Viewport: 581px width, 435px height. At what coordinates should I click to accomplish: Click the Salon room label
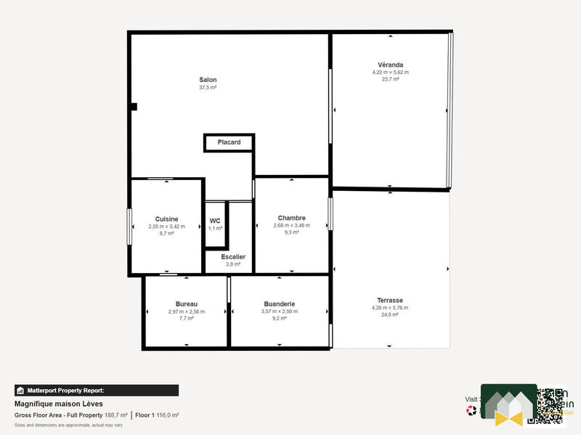[x=208, y=80]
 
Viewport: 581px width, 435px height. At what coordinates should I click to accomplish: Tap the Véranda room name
[x=390, y=65]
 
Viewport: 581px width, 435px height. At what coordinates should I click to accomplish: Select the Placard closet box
[x=229, y=142]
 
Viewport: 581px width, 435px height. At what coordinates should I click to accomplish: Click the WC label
[x=215, y=221]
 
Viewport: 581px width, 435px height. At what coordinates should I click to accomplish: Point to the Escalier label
[x=233, y=256]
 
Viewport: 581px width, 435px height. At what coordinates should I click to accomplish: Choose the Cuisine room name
[x=166, y=219]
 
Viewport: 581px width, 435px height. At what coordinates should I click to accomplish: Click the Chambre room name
[x=291, y=218]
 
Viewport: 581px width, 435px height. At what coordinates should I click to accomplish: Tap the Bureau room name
[x=187, y=304]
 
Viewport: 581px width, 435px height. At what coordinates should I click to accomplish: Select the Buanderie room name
[x=279, y=304]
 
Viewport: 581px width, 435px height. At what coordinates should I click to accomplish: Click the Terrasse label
[x=390, y=300]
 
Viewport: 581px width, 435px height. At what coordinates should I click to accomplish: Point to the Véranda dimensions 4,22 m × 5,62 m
[x=390, y=73]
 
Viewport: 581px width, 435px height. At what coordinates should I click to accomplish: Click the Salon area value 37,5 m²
[x=208, y=87]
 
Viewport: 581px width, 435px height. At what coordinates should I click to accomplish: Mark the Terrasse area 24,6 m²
[x=390, y=315]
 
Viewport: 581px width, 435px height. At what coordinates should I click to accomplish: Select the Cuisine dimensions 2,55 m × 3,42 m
[x=166, y=227]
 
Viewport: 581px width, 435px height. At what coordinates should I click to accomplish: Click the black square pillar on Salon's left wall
[x=134, y=107]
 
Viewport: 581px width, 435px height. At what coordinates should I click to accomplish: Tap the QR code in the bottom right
[x=550, y=405]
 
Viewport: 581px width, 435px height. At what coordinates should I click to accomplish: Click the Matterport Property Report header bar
[x=96, y=390]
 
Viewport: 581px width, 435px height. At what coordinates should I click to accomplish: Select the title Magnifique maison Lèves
[x=59, y=404]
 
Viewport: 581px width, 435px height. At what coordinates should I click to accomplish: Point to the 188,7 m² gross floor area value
[x=116, y=415]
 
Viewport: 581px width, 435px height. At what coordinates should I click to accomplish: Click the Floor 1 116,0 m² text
[x=157, y=415]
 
